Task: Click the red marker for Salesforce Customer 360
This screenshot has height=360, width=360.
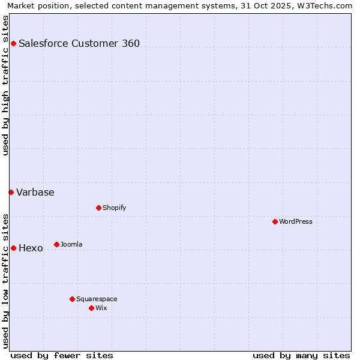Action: coord(13,43)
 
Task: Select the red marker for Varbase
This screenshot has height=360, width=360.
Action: coord(11,192)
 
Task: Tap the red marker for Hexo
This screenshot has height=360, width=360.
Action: coord(13,248)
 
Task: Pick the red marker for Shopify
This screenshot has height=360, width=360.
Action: coord(98,208)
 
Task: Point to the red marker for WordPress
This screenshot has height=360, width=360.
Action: coord(275,221)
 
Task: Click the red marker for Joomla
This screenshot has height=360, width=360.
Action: coord(56,244)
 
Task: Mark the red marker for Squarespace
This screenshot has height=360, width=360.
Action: coord(72,299)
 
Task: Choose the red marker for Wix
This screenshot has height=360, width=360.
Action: coord(91,308)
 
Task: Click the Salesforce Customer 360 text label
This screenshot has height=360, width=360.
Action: coord(79,43)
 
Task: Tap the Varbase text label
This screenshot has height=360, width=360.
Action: coord(35,192)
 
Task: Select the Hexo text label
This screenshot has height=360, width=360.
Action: coord(31,248)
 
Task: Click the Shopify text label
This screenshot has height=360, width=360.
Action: coord(114,208)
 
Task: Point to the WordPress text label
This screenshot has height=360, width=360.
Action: coord(296,221)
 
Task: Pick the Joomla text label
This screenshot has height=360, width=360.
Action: coord(71,244)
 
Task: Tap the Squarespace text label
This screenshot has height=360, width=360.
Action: coord(97,299)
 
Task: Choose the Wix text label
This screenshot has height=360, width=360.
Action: coord(101,308)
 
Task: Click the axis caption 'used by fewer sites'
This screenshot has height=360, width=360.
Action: coord(62,355)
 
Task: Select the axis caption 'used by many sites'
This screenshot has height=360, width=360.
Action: coord(301,355)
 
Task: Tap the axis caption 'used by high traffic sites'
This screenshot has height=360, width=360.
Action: coord(5,85)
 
